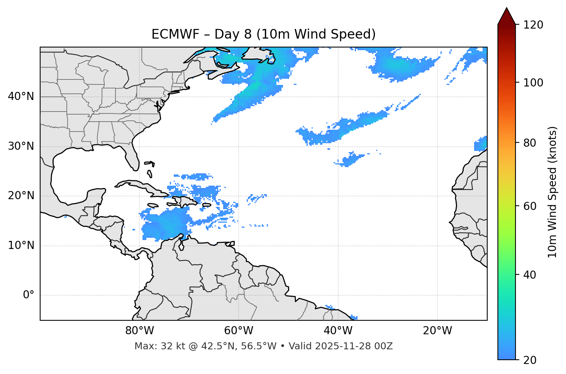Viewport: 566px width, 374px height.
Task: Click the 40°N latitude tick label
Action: (21, 96)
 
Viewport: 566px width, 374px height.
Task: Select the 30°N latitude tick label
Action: (21, 146)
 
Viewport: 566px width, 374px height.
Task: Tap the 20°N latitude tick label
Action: (21, 196)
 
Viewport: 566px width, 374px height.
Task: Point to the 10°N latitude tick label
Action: (21, 245)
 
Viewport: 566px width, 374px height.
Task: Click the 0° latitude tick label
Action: (28, 295)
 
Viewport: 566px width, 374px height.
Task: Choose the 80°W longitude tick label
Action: (139, 331)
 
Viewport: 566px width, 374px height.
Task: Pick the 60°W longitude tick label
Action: (239, 331)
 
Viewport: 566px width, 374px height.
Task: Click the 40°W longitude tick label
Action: (338, 331)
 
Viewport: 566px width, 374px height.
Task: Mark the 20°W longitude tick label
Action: (437, 331)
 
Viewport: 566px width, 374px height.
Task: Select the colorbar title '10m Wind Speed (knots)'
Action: (552, 192)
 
